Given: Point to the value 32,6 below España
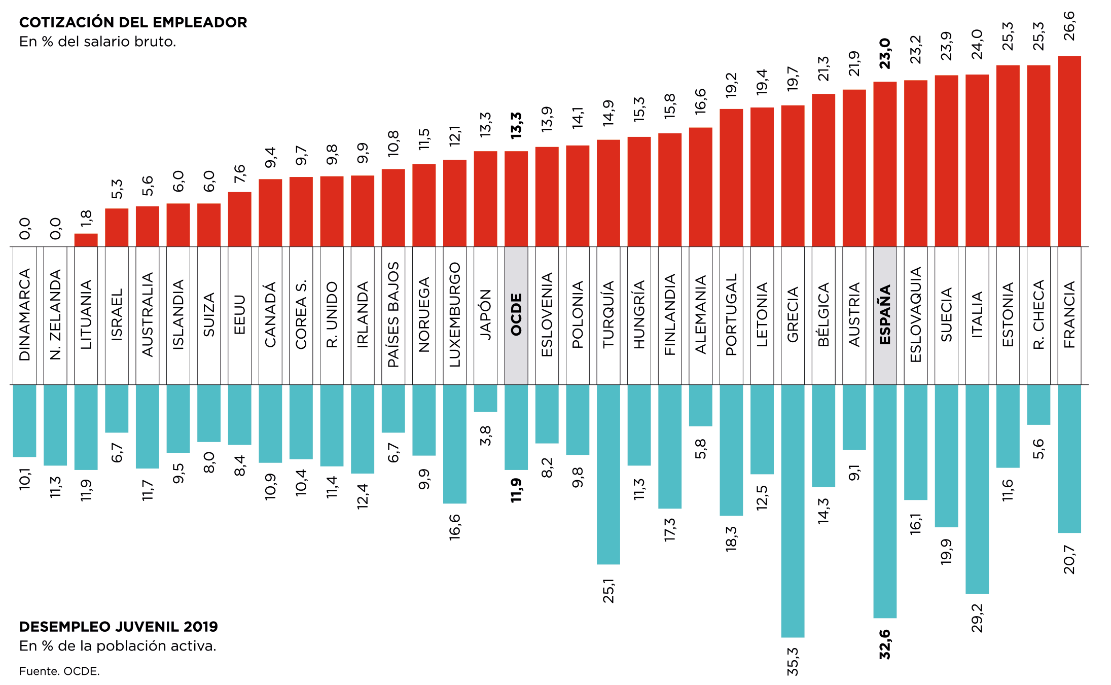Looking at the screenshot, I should pyautogui.click(x=885, y=644).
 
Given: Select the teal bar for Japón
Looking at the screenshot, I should pyautogui.click(x=485, y=398).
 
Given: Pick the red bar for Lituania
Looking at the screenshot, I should pyautogui.click(x=86, y=240).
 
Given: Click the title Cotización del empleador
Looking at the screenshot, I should pyautogui.click(x=133, y=22).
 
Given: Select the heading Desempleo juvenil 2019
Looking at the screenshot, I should pyautogui.click(x=118, y=627).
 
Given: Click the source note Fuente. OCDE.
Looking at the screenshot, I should pyautogui.click(x=59, y=671).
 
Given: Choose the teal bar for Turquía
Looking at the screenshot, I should pyautogui.click(x=608, y=474).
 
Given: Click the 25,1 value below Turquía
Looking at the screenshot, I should pyautogui.click(x=608, y=591).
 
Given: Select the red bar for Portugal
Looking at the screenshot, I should pyautogui.click(x=731, y=177).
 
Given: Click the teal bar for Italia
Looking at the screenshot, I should pyautogui.click(x=977, y=489).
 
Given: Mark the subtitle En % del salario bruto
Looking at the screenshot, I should pyautogui.click(x=97, y=42).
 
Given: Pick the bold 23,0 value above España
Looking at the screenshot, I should pyautogui.click(x=885, y=54).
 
